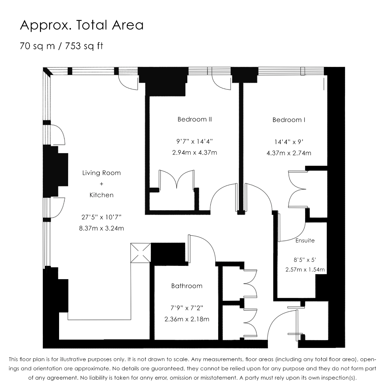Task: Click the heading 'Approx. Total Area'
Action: (x=82, y=25)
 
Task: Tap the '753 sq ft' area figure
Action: (x=84, y=46)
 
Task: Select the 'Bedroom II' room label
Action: (x=195, y=119)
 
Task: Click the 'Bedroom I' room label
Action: (x=289, y=120)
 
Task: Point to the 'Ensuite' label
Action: (x=305, y=240)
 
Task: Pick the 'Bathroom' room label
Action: (x=187, y=286)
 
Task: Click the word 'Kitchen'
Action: (x=102, y=195)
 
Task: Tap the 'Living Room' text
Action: (x=102, y=173)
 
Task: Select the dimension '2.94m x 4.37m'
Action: (x=195, y=153)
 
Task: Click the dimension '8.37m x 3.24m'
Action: (x=102, y=228)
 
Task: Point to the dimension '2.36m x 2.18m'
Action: (x=187, y=319)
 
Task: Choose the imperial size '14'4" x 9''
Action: (x=289, y=142)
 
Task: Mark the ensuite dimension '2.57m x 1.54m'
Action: (x=305, y=269)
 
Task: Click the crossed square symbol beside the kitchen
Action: (x=141, y=253)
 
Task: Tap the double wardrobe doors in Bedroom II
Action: (x=176, y=179)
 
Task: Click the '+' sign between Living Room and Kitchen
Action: (x=102, y=184)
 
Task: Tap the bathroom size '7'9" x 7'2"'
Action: (x=187, y=308)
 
